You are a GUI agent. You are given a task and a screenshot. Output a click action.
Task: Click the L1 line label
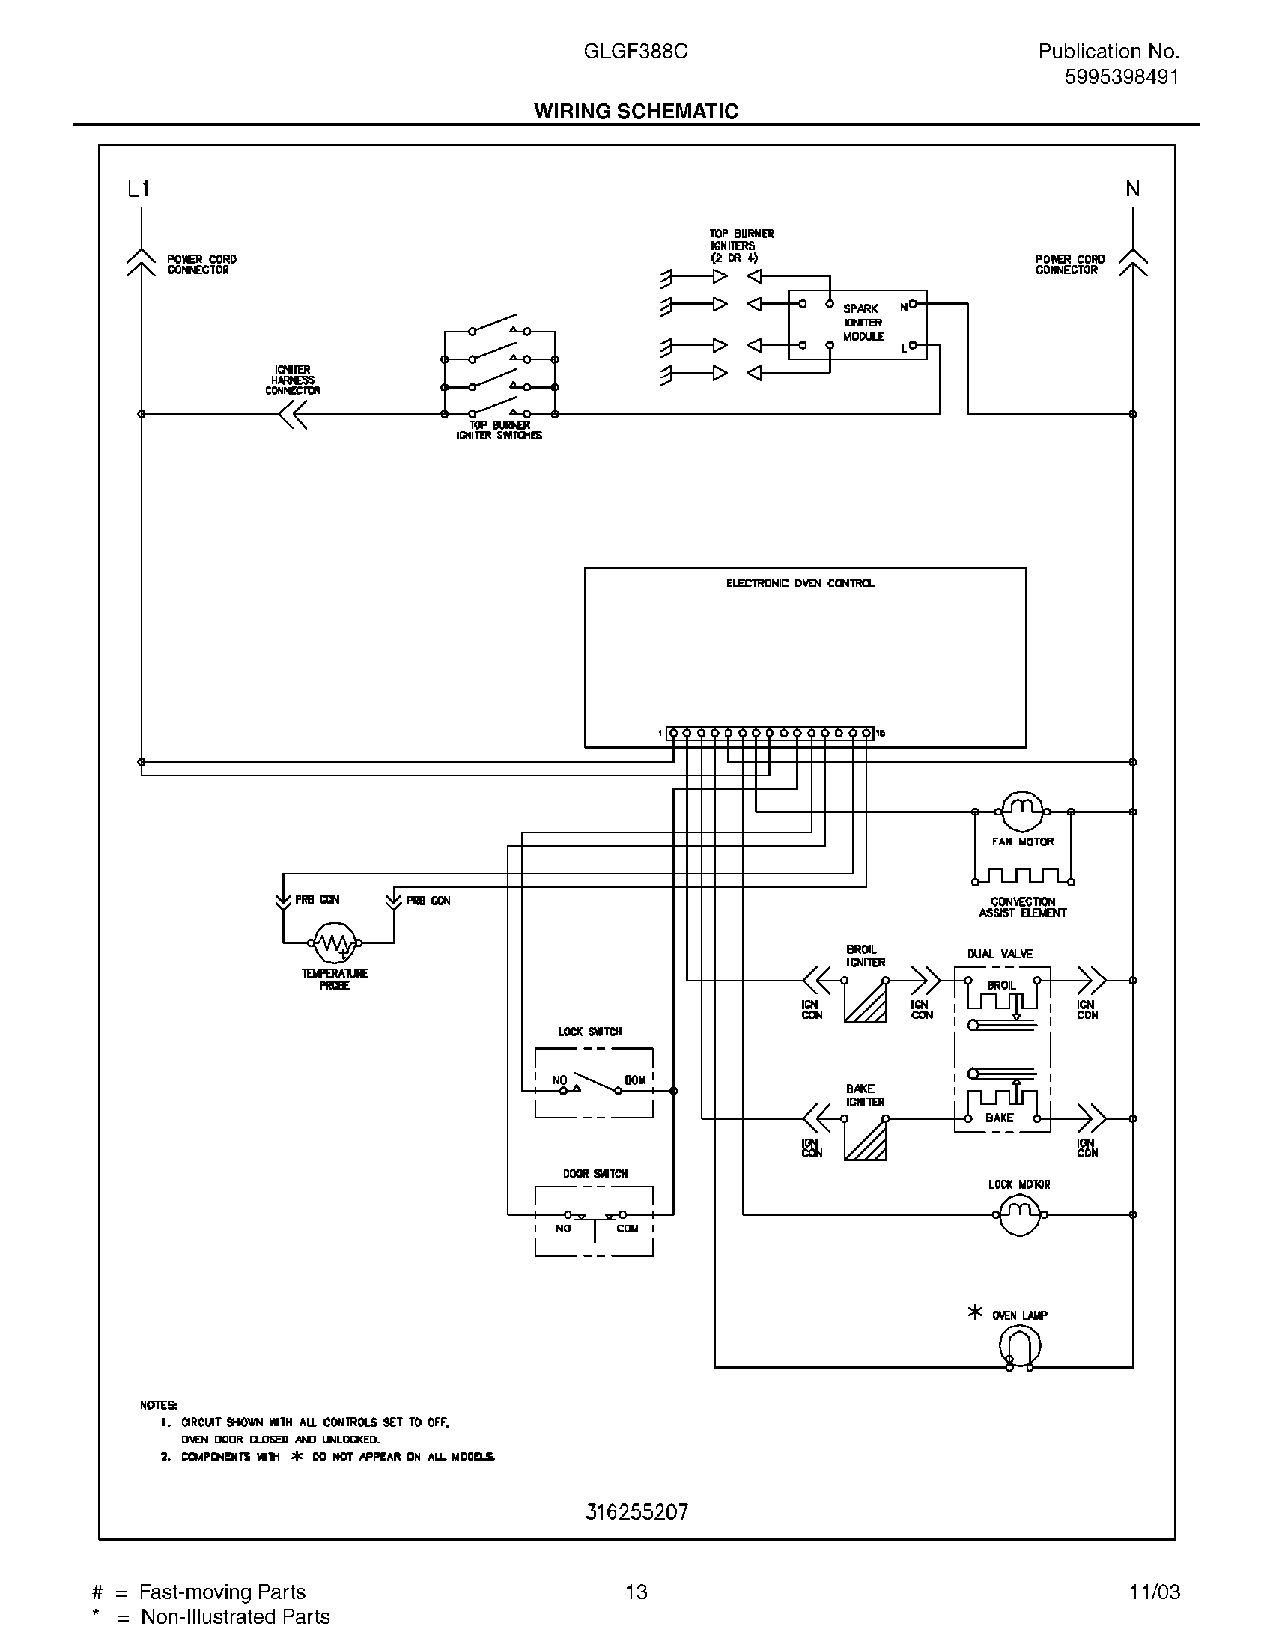pyautogui.click(x=139, y=189)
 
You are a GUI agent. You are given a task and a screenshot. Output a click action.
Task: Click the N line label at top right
pyautogui.click(x=1132, y=189)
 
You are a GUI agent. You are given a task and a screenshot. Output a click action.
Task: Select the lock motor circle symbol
pyautogui.click(x=1020, y=1214)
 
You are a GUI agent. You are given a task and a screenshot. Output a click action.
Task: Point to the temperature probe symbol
pyautogui.click(x=334, y=942)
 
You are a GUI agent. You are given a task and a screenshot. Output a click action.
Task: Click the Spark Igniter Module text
pyautogui.click(x=863, y=323)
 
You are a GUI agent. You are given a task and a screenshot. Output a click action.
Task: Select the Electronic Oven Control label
pyautogui.click(x=800, y=584)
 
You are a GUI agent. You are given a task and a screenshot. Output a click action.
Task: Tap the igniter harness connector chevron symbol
pyautogui.click(x=293, y=414)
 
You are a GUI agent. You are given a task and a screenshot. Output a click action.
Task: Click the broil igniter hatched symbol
pyautogui.click(x=865, y=1001)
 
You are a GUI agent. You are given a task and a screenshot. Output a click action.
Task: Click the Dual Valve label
pyautogui.click(x=1000, y=954)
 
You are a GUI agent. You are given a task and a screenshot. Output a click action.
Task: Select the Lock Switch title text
pyautogui.click(x=590, y=1032)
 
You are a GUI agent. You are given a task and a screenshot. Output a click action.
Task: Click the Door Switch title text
pyautogui.click(x=595, y=1173)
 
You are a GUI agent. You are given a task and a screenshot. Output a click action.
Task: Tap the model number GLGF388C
pyautogui.click(x=635, y=51)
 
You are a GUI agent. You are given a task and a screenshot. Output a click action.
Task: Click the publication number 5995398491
pyautogui.click(x=1122, y=77)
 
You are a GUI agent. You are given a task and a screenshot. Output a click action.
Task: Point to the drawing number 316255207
pyautogui.click(x=636, y=1512)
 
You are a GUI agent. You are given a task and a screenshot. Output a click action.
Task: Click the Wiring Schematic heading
pyautogui.click(x=636, y=111)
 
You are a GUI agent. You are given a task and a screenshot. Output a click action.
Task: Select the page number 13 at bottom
pyautogui.click(x=636, y=1591)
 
